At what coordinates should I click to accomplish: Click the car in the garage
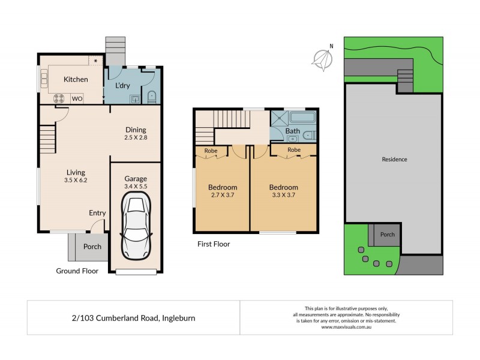(x=136, y=228)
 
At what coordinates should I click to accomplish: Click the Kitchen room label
(x=76, y=79)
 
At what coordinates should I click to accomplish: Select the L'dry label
(x=122, y=86)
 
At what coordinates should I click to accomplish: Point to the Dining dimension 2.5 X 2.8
(x=136, y=138)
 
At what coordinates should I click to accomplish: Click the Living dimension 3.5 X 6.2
(x=76, y=179)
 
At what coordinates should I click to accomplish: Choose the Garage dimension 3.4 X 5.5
(x=136, y=187)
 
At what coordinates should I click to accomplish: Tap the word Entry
(x=97, y=213)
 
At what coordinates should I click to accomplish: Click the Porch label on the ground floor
(x=92, y=247)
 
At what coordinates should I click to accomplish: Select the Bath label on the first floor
(x=292, y=131)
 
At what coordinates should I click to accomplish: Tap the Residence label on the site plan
(x=394, y=160)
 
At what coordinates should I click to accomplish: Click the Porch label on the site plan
(x=388, y=235)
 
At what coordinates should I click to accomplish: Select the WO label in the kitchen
(x=77, y=98)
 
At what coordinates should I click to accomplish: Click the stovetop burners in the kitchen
(x=60, y=98)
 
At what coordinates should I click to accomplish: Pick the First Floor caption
(x=214, y=244)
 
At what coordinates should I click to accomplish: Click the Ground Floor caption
(x=77, y=271)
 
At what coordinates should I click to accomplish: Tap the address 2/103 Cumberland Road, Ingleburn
(x=133, y=318)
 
